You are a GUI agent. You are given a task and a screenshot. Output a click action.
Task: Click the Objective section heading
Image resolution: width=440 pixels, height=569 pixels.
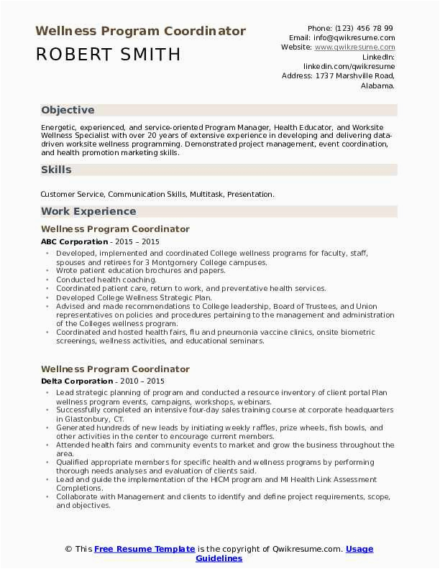[68, 110]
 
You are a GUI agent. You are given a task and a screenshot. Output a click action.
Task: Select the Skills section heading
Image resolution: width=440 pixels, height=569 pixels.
[56, 170]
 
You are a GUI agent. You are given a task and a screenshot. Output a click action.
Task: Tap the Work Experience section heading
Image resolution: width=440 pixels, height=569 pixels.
[88, 211]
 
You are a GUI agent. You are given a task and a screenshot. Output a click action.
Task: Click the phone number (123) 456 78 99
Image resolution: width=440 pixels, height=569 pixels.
[367, 28]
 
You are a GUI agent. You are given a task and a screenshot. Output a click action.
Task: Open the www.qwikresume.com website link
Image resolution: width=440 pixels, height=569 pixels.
[355, 47]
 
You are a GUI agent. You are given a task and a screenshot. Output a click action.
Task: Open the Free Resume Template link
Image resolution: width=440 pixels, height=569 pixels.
[144, 549]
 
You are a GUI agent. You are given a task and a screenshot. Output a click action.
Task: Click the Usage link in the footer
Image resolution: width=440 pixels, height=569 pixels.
[359, 549]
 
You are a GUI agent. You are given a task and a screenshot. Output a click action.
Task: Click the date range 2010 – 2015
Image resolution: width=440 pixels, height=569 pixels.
[141, 381]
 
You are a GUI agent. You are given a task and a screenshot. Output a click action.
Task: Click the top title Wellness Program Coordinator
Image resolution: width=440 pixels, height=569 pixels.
[140, 32]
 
